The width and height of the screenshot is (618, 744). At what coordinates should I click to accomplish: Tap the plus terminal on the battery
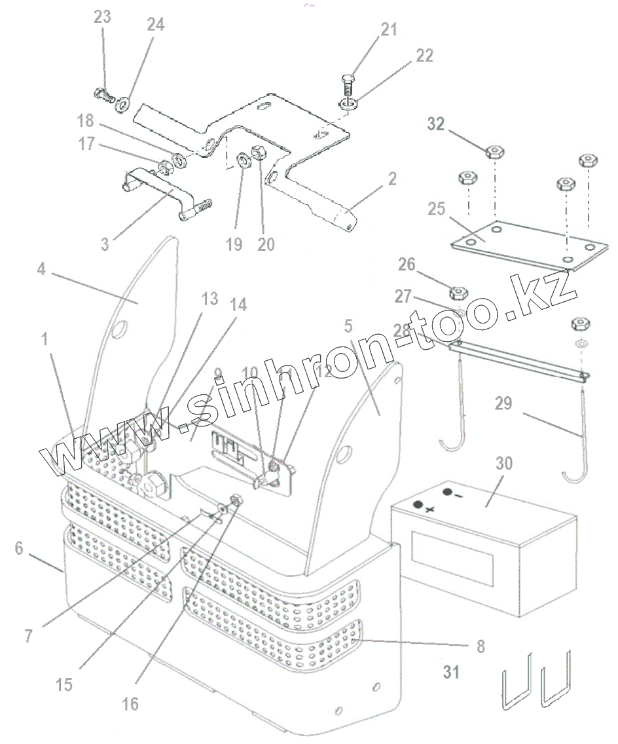coord(416,505)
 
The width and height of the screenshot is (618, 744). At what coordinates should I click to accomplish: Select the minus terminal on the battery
coord(448,492)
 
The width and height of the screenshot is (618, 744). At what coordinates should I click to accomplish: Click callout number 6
coord(20,548)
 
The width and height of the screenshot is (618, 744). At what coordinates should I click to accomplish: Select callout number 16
coord(130,703)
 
